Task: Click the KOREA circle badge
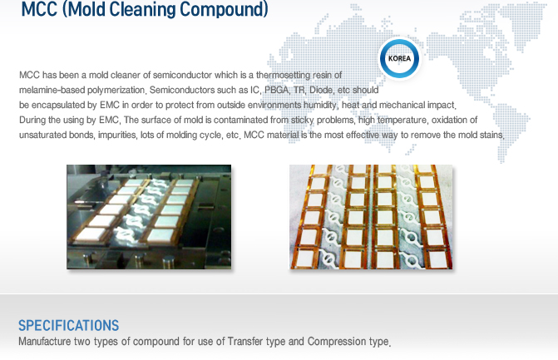(x=399, y=58)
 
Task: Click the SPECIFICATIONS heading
(x=69, y=325)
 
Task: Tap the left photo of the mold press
(x=149, y=217)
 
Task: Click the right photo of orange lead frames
(x=371, y=217)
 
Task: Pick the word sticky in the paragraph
(x=302, y=120)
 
